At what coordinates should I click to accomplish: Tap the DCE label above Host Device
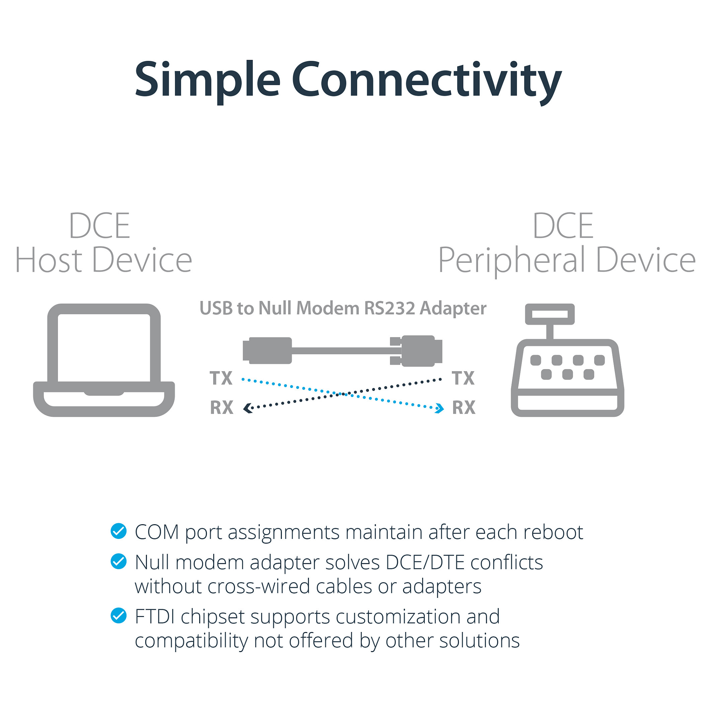click(x=99, y=226)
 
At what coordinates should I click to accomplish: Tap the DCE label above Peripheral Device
click(x=563, y=226)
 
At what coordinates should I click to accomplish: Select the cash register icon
click(x=567, y=360)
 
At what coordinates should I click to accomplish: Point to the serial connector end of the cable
click(x=416, y=351)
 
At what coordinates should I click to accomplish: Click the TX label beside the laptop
click(x=221, y=378)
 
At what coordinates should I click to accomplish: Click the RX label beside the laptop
click(x=222, y=408)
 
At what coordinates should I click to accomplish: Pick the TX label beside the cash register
click(x=463, y=378)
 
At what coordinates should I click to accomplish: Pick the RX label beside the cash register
click(x=464, y=408)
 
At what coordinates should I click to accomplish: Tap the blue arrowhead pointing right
click(x=440, y=408)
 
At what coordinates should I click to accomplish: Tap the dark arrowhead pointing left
click(x=248, y=408)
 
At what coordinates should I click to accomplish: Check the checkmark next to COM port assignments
click(x=118, y=531)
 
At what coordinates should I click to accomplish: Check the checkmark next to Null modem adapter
click(x=118, y=561)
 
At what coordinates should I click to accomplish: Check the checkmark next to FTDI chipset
click(x=118, y=616)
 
